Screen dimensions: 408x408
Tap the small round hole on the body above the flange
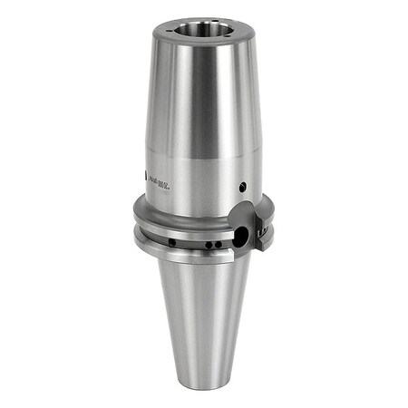pos(243,187)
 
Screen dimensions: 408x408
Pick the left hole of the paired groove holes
pos(207,244)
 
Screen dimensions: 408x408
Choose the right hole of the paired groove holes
pos(217,244)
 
